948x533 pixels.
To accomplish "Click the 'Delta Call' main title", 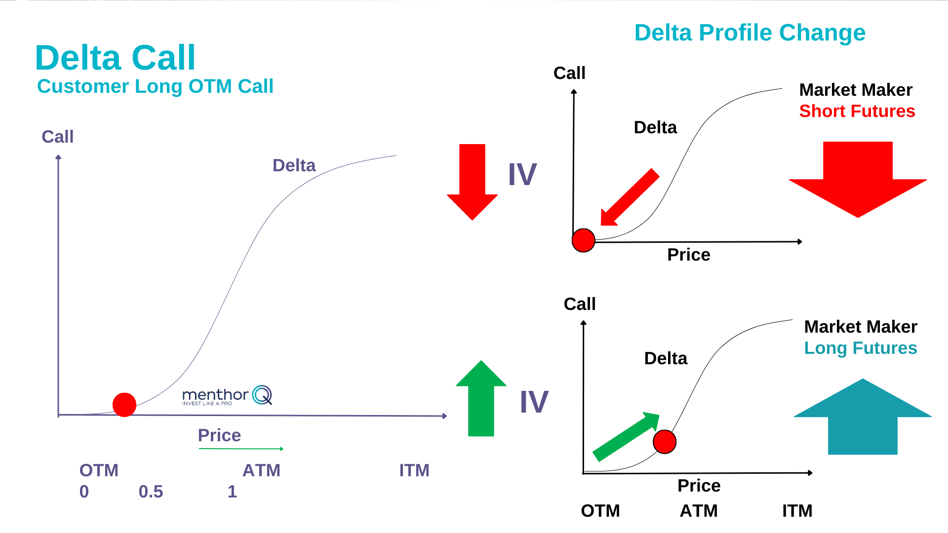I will pyautogui.click(x=115, y=58).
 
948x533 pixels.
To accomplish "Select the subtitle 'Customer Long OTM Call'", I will pyautogui.click(x=155, y=86).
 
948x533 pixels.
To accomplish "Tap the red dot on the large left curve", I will pyautogui.click(x=124, y=405).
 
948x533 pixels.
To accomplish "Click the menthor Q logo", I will pyautogui.click(x=227, y=396).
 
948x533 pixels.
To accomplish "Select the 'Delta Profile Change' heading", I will pyautogui.click(x=750, y=33).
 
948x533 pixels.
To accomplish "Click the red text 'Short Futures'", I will pyautogui.click(x=857, y=111).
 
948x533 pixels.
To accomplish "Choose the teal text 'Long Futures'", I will pyautogui.click(x=860, y=348).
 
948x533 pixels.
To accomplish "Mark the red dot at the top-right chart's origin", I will pyautogui.click(x=583, y=240).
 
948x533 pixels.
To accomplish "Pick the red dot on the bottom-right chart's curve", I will pyautogui.click(x=664, y=442).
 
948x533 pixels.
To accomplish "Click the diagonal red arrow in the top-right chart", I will pyautogui.click(x=629, y=198).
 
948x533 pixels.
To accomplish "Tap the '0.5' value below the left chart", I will pyautogui.click(x=151, y=492).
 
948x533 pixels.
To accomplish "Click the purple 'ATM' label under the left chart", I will pyautogui.click(x=261, y=470).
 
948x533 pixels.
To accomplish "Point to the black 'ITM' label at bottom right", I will pyautogui.click(x=797, y=511).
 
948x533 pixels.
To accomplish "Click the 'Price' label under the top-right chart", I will pyautogui.click(x=688, y=255).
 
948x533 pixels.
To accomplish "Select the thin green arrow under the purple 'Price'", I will pyautogui.click(x=241, y=449).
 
